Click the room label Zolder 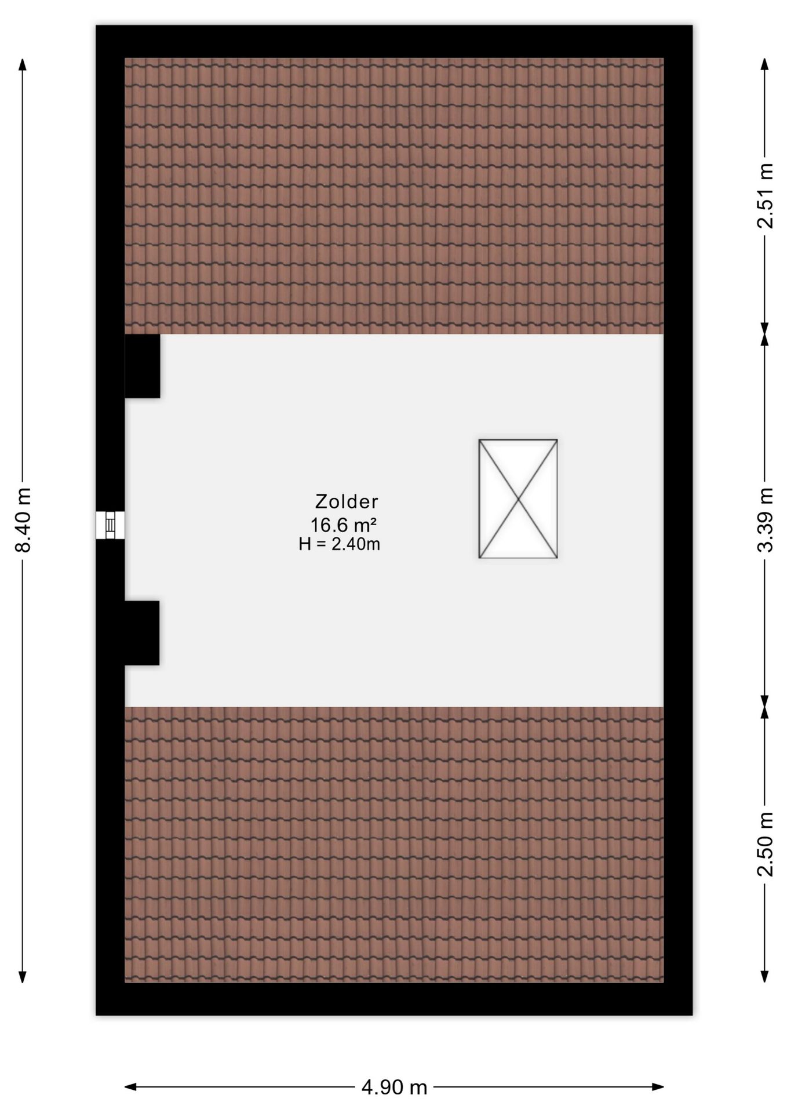347,501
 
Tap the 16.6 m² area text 344,525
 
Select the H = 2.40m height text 339,544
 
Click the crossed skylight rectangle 518,499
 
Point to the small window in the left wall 110,525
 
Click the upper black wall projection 143,366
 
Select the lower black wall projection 142,632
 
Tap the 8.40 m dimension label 23,520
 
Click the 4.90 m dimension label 394,1087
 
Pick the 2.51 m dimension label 766,195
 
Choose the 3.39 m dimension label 766,520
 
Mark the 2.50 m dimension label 766,845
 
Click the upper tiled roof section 394,196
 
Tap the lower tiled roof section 394,845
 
